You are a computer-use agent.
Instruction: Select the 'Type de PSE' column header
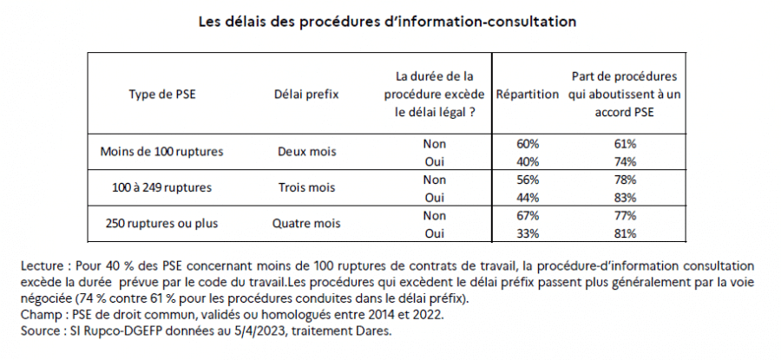(x=161, y=93)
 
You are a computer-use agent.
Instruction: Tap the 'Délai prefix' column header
(x=305, y=93)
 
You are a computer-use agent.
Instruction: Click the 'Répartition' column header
(x=527, y=93)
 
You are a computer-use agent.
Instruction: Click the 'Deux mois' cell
(x=305, y=151)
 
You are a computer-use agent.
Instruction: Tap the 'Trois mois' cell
(x=305, y=187)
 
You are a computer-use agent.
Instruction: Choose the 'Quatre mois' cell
(x=305, y=222)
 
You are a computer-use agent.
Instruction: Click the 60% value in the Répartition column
(x=527, y=142)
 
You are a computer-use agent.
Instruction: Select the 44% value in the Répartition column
(x=527, y=196)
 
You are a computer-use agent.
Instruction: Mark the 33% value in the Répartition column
(x=527, y=232)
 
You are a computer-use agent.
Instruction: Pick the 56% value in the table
(x=527, y=179)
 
